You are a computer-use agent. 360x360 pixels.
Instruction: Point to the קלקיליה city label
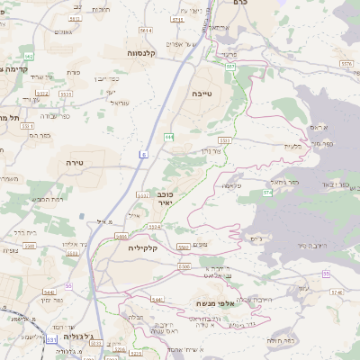pos(142,246)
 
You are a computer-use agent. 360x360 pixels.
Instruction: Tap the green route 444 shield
pos(168,136)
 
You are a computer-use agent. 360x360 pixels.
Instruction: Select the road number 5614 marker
pos(145,31)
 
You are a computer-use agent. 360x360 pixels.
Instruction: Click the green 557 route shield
pos(230,66)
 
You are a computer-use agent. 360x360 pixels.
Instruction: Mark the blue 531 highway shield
pos(53,340)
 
